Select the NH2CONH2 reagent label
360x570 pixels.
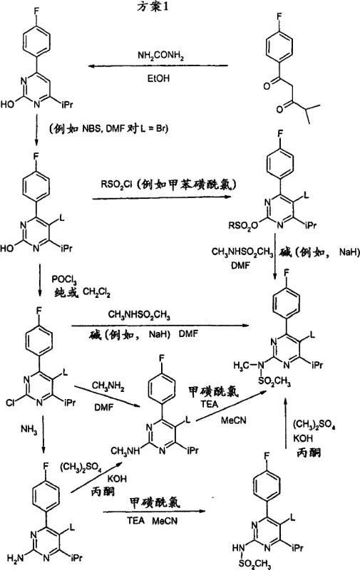(158, 55)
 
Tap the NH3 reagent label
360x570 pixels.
(21, 429)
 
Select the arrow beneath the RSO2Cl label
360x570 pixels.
(164, 197)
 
